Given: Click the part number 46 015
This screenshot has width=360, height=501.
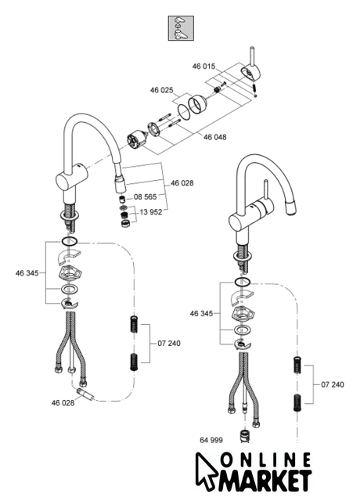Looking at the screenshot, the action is pos(203,67).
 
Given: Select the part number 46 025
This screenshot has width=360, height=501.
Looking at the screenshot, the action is pos(162,90).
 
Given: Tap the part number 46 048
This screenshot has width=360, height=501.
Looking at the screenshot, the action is pos(215,137).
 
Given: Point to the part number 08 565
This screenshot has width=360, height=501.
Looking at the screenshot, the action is pos(145,196).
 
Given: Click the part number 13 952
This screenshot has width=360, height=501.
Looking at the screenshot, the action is pos(151,212).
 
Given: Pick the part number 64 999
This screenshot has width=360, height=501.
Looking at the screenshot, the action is pos(211,440).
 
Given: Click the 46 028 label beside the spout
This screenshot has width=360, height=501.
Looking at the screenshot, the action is pos(182,183).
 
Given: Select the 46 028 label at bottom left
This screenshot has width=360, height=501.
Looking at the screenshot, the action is pos(63,403).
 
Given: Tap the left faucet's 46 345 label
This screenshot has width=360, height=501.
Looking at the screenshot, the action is pos(27,273).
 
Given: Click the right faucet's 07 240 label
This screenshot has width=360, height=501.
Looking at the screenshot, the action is pos(333,384).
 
